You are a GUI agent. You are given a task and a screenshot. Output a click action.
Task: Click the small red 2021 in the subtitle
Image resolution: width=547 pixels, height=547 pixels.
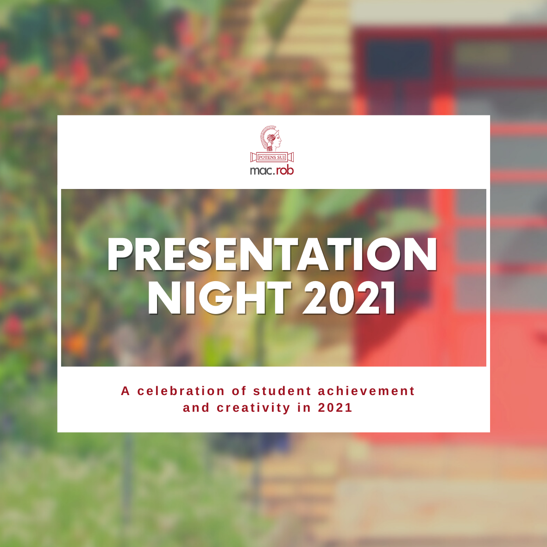click(x=335, y=408)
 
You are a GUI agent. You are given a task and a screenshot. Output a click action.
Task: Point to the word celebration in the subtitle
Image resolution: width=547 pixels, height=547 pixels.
click(x=181, y=391)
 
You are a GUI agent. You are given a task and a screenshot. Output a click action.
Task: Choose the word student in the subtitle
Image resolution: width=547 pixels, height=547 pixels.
click(x=282, y=391)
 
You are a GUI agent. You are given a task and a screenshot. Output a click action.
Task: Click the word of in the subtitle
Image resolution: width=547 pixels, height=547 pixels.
click(x=239, y=391)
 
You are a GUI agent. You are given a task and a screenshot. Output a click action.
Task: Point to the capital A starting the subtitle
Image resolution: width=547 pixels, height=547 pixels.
click(x=126, y=391)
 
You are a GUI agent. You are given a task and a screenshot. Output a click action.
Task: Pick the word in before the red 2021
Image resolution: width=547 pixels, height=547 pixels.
click(x=304, y=408)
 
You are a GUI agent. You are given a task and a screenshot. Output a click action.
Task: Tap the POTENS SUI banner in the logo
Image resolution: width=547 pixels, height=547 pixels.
click(x=272, y=157)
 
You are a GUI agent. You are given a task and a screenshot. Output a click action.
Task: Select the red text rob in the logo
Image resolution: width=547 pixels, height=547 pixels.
click(x=285, y=170)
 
